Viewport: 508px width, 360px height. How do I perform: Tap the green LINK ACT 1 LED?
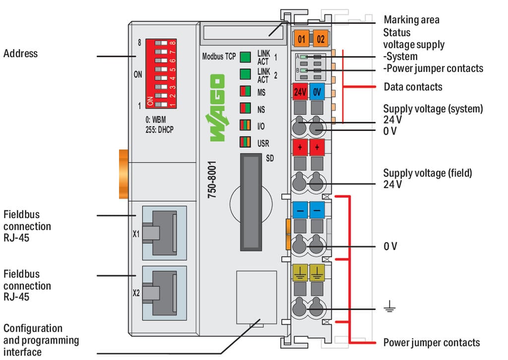pos(245,57)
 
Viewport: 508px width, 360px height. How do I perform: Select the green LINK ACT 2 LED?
pos(245,75)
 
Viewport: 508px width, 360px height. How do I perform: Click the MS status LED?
pos(245,92)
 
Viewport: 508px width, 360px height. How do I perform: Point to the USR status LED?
pos(245,142)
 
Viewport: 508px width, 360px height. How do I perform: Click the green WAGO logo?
pos(217,108)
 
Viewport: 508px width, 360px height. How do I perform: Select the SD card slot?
pos(251,202)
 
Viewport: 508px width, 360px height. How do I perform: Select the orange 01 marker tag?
pos(301,38)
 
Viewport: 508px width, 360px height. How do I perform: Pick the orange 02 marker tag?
pos(320,38)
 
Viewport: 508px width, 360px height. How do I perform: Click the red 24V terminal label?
pos(300,92)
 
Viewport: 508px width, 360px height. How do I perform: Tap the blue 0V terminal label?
pos(317,92)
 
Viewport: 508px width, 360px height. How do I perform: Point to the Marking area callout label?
pos(411,20)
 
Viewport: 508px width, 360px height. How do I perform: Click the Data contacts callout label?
pos(413,87)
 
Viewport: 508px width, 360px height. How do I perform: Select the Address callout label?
pos(20,53)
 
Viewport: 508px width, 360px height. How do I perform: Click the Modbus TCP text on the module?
pos(219,57)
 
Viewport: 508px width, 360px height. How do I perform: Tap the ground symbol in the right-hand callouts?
pos(389,308)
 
